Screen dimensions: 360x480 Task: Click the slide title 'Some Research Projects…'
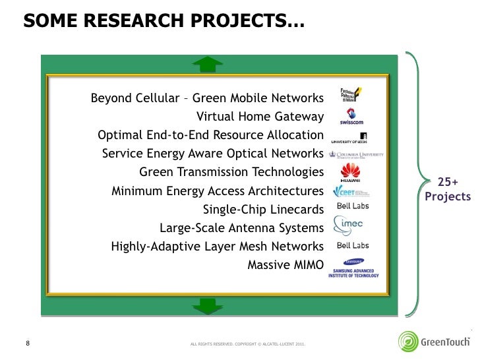coord(161,24)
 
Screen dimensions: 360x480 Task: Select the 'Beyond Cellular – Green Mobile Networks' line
coord(206,100)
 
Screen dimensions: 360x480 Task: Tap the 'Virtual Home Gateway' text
coord(260,117)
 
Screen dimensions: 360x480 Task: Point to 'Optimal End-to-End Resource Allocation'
coord(210,136)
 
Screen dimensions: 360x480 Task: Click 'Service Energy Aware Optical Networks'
coord(212,154)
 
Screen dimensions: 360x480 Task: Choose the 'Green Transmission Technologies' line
coord(231,173)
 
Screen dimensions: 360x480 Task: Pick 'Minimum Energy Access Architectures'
coord(218,192)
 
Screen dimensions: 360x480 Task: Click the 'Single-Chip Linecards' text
coord(263,210)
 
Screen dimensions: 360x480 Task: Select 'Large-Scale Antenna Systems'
coord(241,229)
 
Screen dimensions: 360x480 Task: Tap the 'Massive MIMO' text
coord(285,266)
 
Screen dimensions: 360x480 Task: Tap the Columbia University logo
coord(355,156)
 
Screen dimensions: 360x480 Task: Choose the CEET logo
coord(352,192)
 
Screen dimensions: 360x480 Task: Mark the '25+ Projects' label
coord(448,190)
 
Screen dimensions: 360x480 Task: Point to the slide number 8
coord(28,343)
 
